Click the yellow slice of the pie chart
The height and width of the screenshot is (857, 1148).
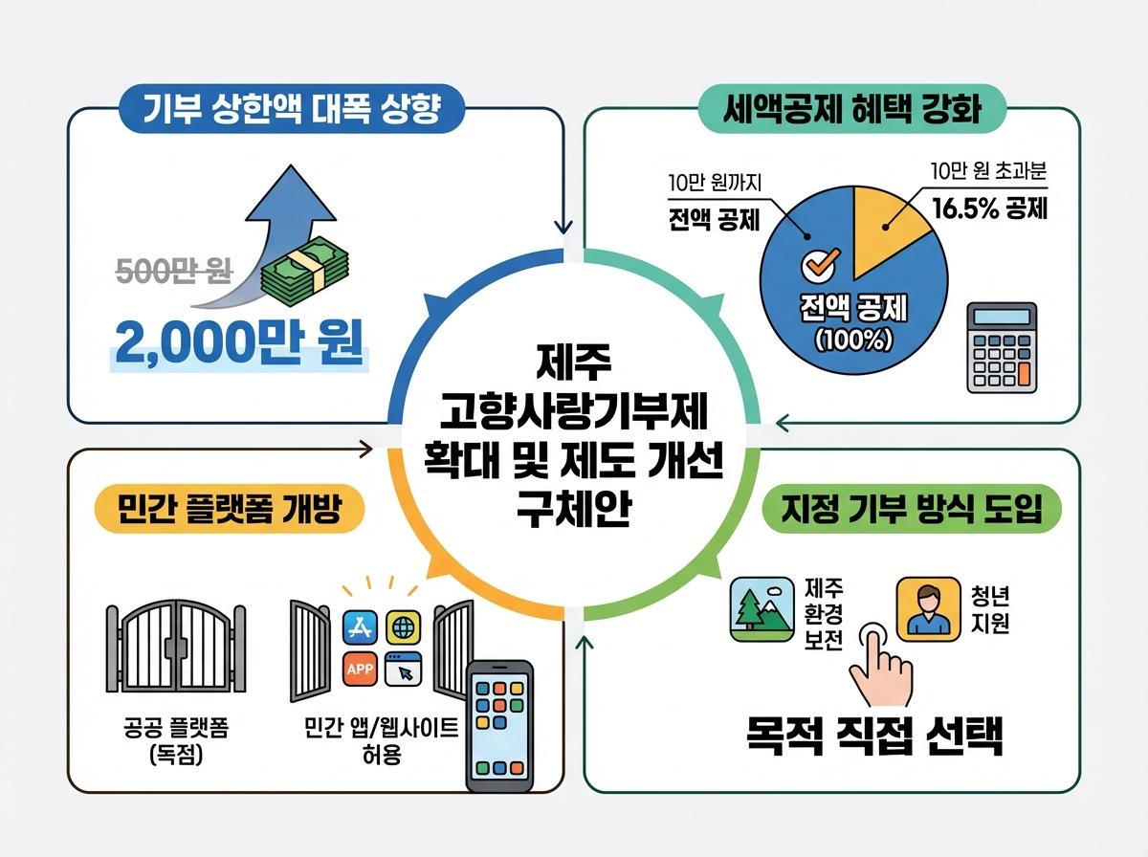pos(886,225)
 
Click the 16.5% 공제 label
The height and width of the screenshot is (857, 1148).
pos(990,208)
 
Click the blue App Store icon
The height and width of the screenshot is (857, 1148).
pos(360,627)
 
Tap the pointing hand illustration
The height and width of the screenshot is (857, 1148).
pos(880,670)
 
